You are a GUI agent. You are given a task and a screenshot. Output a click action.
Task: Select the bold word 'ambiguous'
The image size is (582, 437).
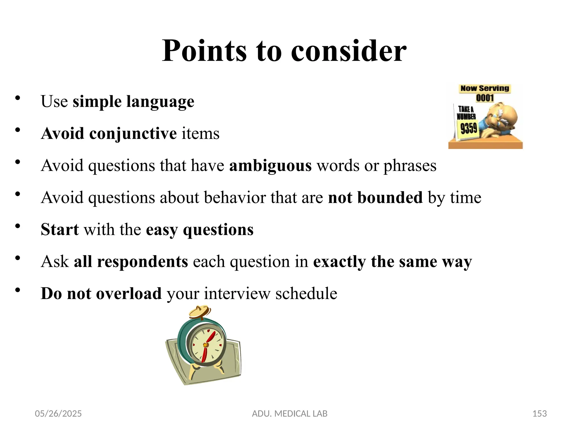(270, 166)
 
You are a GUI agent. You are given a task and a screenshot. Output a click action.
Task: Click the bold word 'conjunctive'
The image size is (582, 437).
(133, 133)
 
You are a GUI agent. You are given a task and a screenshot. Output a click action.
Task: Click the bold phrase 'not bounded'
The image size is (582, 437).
(375, 197)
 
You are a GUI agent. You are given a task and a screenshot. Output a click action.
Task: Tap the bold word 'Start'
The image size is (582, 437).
(60, 229)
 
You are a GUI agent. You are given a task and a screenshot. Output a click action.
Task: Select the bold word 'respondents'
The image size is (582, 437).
(142, 261)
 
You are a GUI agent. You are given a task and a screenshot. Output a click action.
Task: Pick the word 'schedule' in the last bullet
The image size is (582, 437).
(306, 293)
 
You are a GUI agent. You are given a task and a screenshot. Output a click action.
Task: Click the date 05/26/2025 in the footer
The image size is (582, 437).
(58, 413)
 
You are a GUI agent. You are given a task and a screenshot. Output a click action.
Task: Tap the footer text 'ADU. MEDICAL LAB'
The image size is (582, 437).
(290, 413)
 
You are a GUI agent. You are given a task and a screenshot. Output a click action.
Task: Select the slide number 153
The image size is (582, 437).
(539, 413)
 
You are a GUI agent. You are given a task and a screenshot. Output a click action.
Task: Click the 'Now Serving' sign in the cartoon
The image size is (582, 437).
(485, 88)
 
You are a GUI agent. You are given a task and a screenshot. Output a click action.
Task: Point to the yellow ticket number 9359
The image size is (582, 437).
(469, 128)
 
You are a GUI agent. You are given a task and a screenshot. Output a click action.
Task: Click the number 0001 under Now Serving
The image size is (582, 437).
(485, 98)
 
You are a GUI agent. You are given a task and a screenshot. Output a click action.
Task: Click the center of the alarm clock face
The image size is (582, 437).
(205, 345)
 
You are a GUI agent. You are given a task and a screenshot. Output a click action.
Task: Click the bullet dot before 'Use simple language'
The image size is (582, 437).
(18, 98)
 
